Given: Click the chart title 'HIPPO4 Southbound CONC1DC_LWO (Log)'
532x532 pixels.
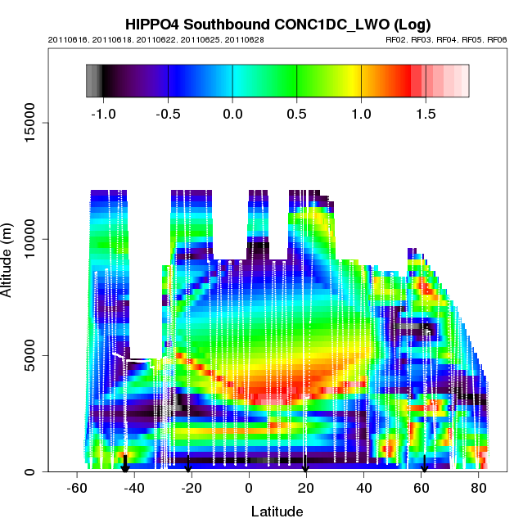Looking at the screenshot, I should coord(277,24).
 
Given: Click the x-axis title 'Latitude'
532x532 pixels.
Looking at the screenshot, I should coord(277,512).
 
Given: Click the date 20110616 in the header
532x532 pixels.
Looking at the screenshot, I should coord(65,39).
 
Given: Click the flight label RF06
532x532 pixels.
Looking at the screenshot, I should coord(497,39).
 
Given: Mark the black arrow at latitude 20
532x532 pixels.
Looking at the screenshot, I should coord(305,467).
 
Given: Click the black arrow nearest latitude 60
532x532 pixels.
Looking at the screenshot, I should coord(424,467).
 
